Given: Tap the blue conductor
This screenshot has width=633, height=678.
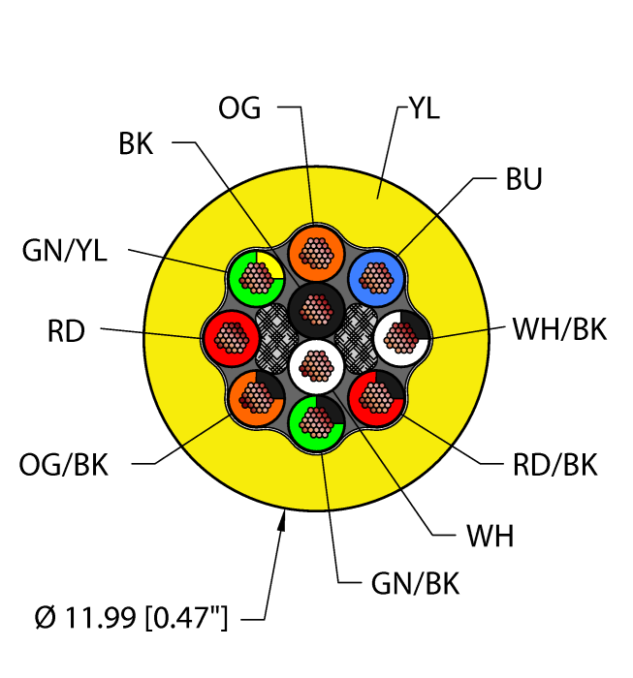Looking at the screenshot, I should pyautogui.click(x=376, y=276).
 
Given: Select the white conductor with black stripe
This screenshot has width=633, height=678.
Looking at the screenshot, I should pyautogui.click(x=401, y=337).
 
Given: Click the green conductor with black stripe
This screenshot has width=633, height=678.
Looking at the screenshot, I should pyautogui.click(x=316, y=421).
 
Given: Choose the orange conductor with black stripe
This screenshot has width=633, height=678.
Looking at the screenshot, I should pyautogui.click(x=256, y=397).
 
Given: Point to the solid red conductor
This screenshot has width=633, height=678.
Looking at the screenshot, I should pyautogui.click(x=230, y=337).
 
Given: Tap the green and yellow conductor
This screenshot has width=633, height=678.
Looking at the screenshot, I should pyautogui.click(x=255, y=277).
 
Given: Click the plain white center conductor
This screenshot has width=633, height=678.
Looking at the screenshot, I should pyautogui.click(x=314, y=365).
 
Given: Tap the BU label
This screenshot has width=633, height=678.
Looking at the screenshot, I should pyautogui.click(x=522, y=180).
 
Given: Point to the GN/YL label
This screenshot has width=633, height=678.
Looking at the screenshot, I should pyautogui.click(x=65, y=252).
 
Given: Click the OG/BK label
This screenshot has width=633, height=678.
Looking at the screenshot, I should pyautogui.click(x=64, y=466).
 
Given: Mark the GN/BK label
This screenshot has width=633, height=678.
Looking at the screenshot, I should pyautogui.click(x=415, y=584).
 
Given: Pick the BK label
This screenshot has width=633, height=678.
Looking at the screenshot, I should pyautogui.click(x=136, y=144).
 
